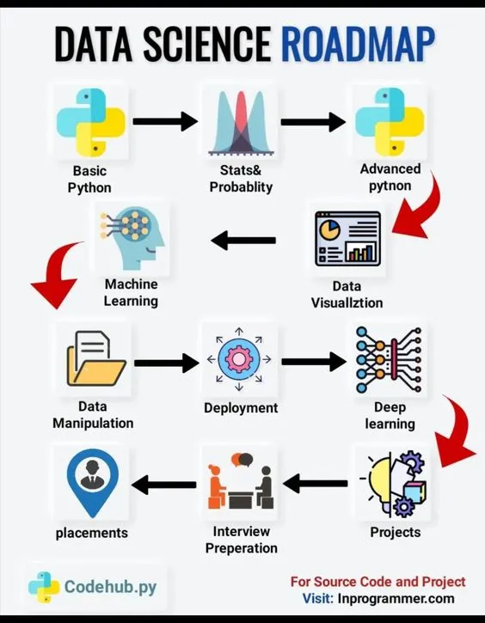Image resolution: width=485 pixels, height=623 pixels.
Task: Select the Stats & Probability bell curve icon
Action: (x=241, y=121)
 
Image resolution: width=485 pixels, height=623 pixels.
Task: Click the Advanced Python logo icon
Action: (x=390, y=121)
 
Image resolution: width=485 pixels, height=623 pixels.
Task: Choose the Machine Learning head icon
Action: (x=131, y=236)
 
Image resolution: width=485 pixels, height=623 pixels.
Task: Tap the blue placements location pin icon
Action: (x=92, y=481)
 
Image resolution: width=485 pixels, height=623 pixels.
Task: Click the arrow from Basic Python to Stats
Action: (x=166, y=120)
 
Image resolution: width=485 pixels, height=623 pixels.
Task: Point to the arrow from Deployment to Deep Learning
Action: (x=315, y=362)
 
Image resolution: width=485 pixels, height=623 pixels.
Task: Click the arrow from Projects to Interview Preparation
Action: (x=315, y=485)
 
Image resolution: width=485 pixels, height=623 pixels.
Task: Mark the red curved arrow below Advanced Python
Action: (x=419, y=206)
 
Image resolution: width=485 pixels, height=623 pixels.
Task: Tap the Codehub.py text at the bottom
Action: (x=110, y=587)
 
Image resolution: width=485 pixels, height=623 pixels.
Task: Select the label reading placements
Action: (x=92, y=533)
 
